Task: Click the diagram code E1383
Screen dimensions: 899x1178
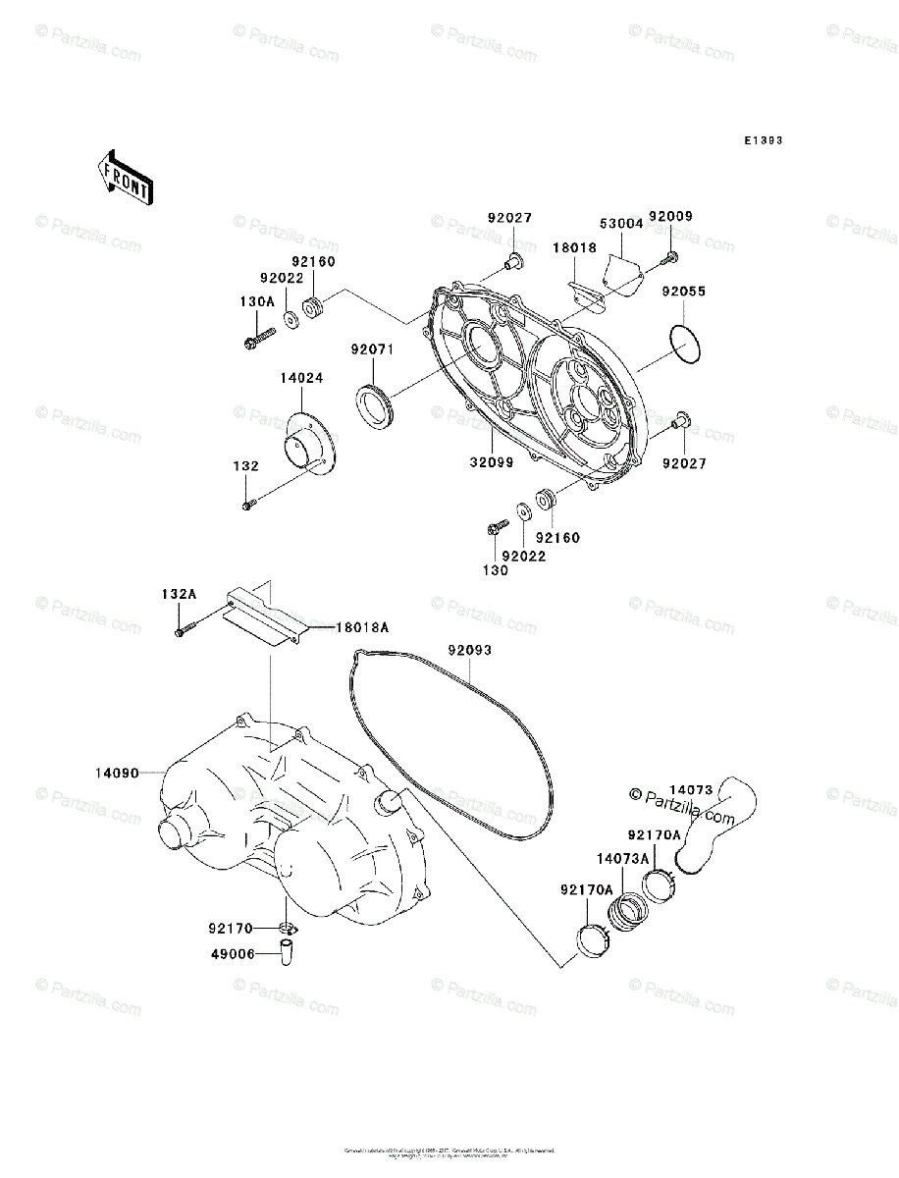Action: coord(762,141)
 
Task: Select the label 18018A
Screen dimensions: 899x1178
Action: coord(365,627)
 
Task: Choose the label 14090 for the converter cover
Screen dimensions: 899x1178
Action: coord(116,774)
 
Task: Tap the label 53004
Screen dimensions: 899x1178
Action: coord(621,224)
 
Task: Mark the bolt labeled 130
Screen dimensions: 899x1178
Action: coord(494,529)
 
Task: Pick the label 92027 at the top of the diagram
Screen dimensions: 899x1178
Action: coord(509,218)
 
